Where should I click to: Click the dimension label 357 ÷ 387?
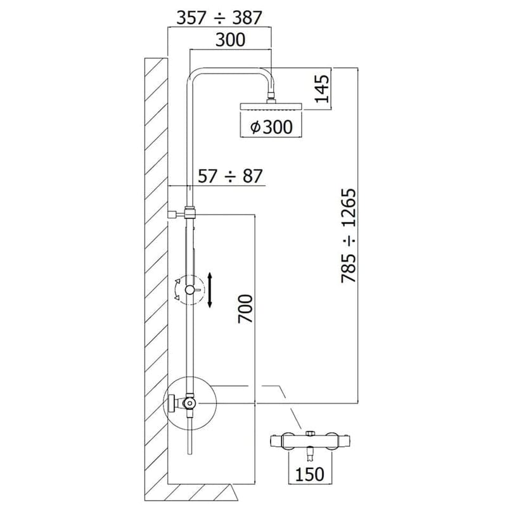[219, 17]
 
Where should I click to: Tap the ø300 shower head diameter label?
[271, 127]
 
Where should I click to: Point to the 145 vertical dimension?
[322, 89]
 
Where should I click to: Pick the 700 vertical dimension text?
[246, 309]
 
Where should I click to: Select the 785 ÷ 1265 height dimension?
[350, 234]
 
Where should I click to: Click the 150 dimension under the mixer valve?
[309, 473]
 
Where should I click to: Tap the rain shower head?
[271, 106]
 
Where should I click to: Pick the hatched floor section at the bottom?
[203, 492]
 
